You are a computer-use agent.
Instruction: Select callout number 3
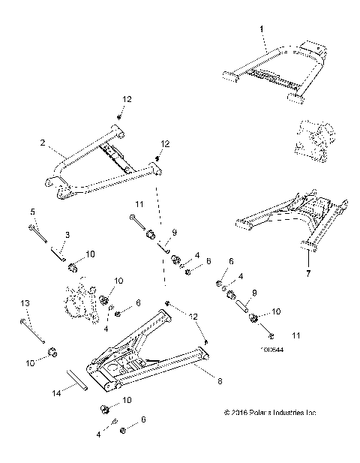pos(67,236)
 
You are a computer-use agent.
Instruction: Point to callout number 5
pos(31,211)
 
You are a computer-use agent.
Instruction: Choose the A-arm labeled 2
pos(97,167)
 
